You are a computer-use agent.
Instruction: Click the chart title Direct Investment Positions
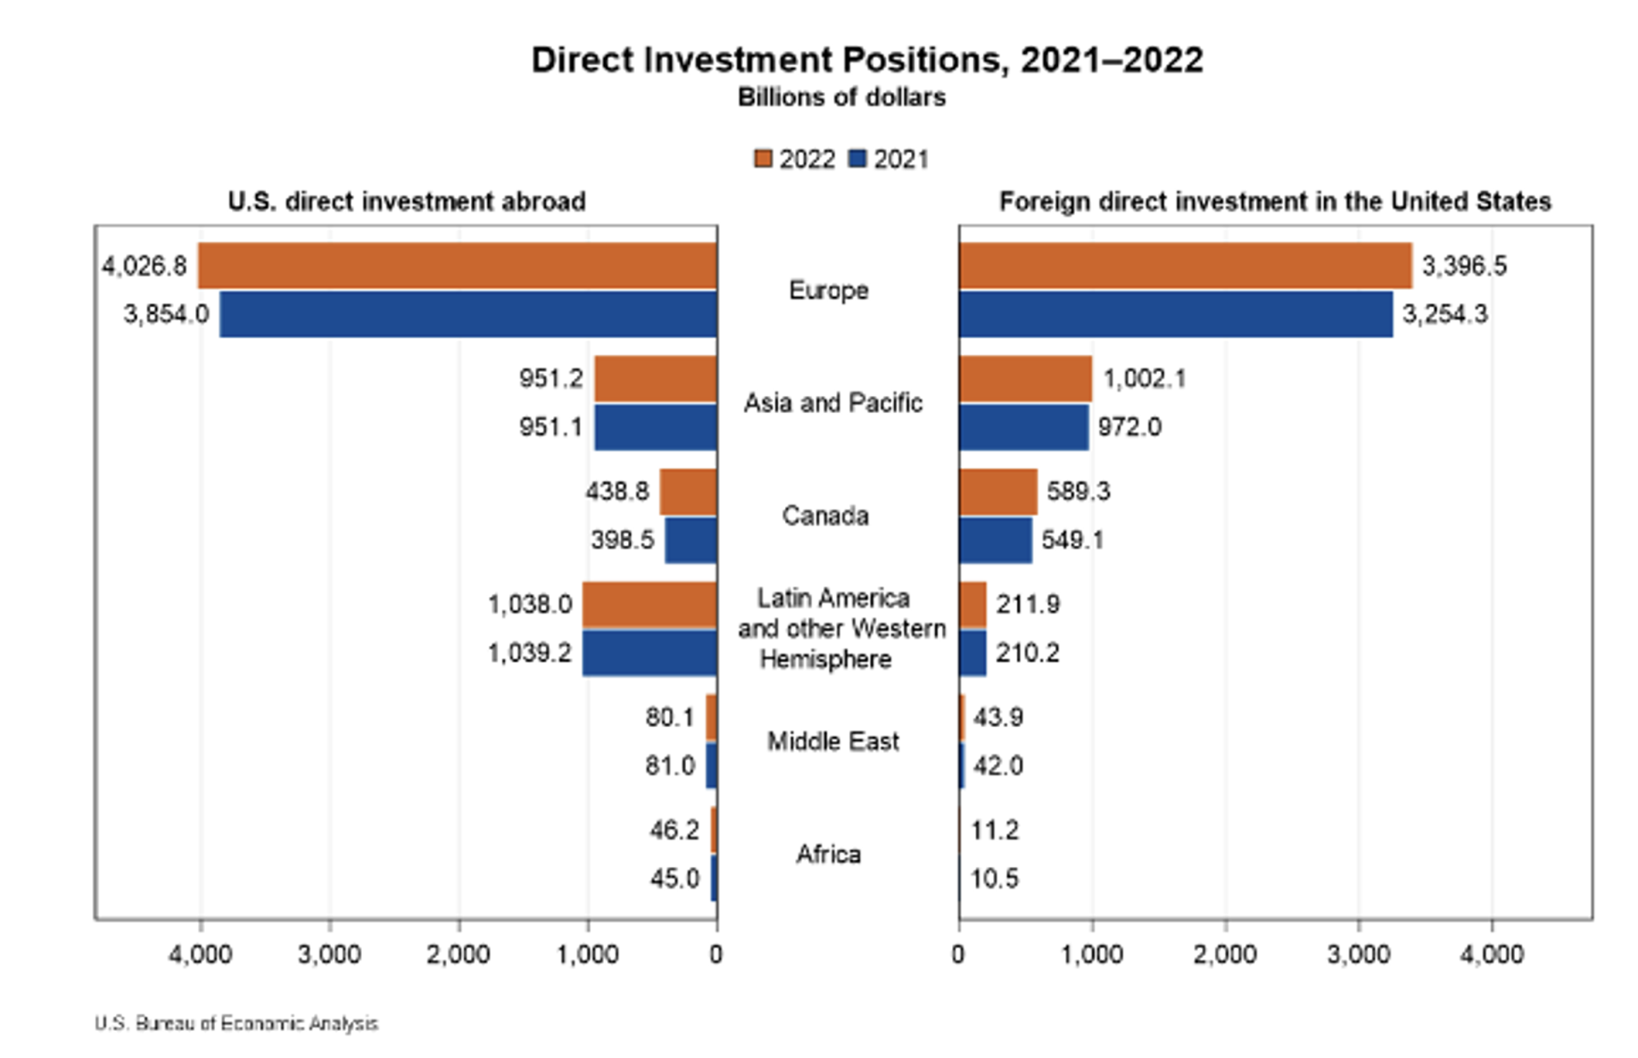(x=867, y=61)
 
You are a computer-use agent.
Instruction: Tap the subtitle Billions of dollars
(x=841, y=98)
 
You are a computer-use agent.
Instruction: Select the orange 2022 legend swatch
(x=763, y=159)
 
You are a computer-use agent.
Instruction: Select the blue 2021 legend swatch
(x=857, y=159)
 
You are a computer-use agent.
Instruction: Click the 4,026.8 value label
(x=144, y=266)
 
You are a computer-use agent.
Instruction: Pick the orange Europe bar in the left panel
(x=457, y=265)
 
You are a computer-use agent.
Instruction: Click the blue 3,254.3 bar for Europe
(x=1176, y=314)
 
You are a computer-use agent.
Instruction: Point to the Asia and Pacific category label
(x=833, y=403)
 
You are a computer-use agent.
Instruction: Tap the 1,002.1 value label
(x=1145, y=379)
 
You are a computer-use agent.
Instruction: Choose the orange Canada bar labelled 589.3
(x=998, y=491)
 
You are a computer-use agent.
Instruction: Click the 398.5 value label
(x=622, y=540)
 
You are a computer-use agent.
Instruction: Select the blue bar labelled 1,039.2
(x=649, y=653)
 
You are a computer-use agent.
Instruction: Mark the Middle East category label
(x=833, y=741)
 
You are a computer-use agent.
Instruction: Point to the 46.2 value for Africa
(x=674, y=830)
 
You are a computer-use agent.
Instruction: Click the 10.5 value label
(x=995, y=879)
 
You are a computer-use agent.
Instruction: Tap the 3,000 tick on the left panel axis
(x=329, y=954)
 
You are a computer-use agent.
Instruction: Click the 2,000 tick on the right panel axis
(x=1225, y=954)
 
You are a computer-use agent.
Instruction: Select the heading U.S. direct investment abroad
(x=406, y=202)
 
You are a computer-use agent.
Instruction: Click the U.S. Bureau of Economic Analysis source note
(x=236, y=1023)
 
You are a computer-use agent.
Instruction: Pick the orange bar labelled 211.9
(x=973, y=604)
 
